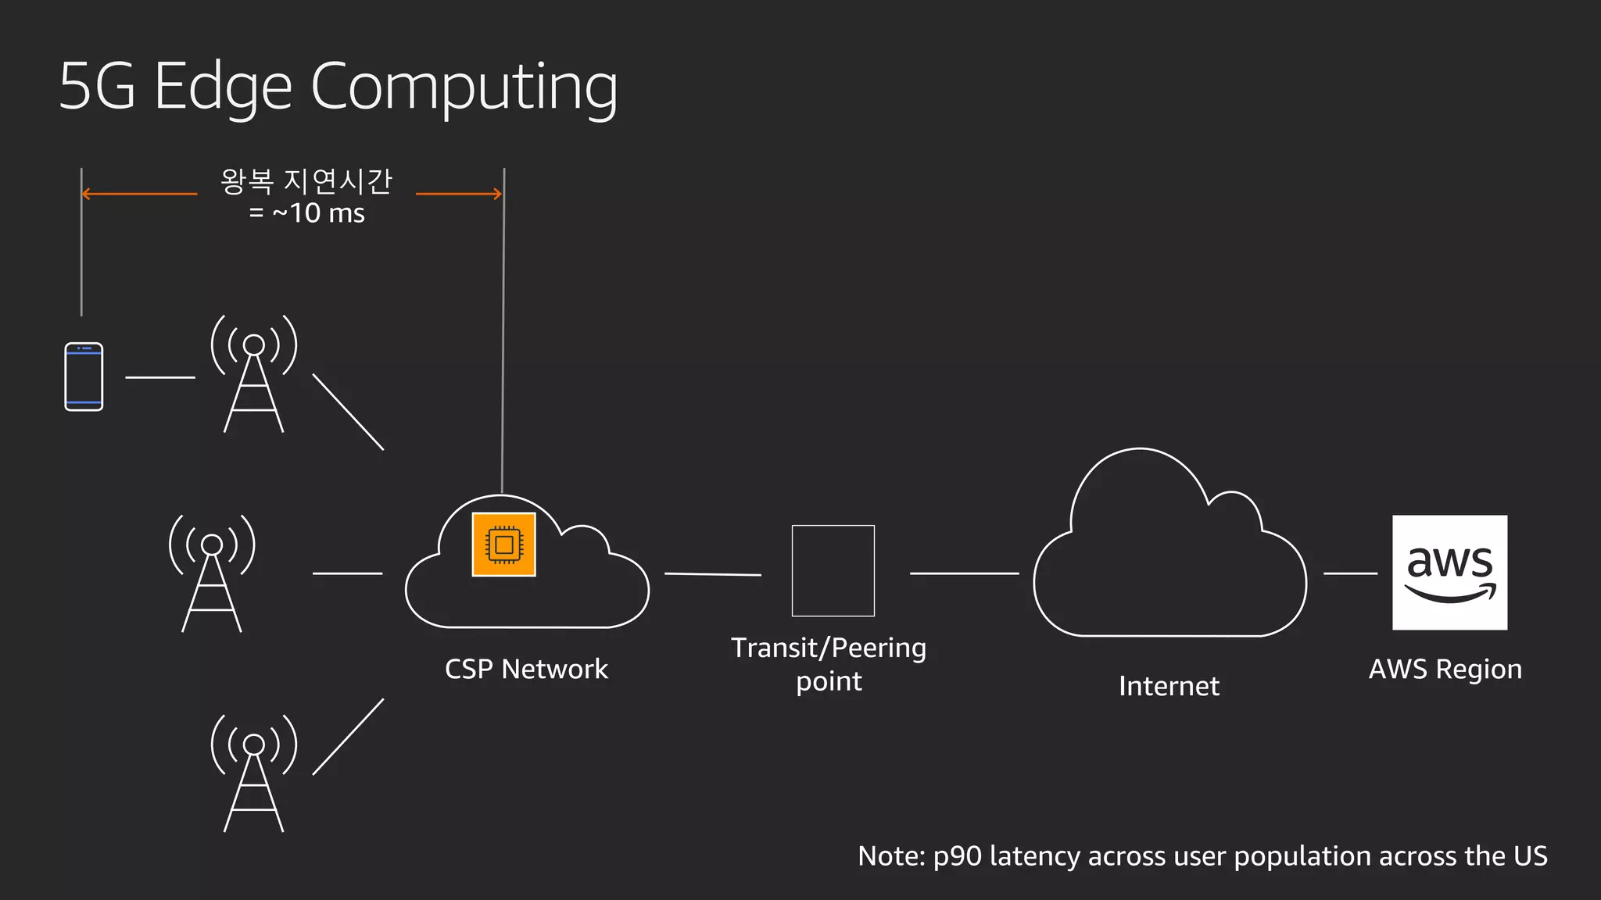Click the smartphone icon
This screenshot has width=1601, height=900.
84,377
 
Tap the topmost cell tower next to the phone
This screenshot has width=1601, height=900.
254,375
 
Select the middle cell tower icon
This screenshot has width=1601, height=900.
212,574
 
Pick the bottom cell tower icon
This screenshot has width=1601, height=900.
254,773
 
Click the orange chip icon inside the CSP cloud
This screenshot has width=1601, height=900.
503,545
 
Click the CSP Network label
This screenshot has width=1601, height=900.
526,669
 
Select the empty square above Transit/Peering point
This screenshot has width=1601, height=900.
833,570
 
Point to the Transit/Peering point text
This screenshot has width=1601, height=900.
829,664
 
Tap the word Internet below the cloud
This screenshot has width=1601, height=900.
1169,686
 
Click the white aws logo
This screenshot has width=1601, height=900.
1449,572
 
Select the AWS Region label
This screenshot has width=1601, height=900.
1445,669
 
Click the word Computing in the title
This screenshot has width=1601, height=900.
464,87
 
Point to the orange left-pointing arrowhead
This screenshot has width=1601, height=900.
86,194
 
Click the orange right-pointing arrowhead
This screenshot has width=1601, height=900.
497,194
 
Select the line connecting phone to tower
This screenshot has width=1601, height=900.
160,377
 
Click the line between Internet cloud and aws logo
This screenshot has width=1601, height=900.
1350,573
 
